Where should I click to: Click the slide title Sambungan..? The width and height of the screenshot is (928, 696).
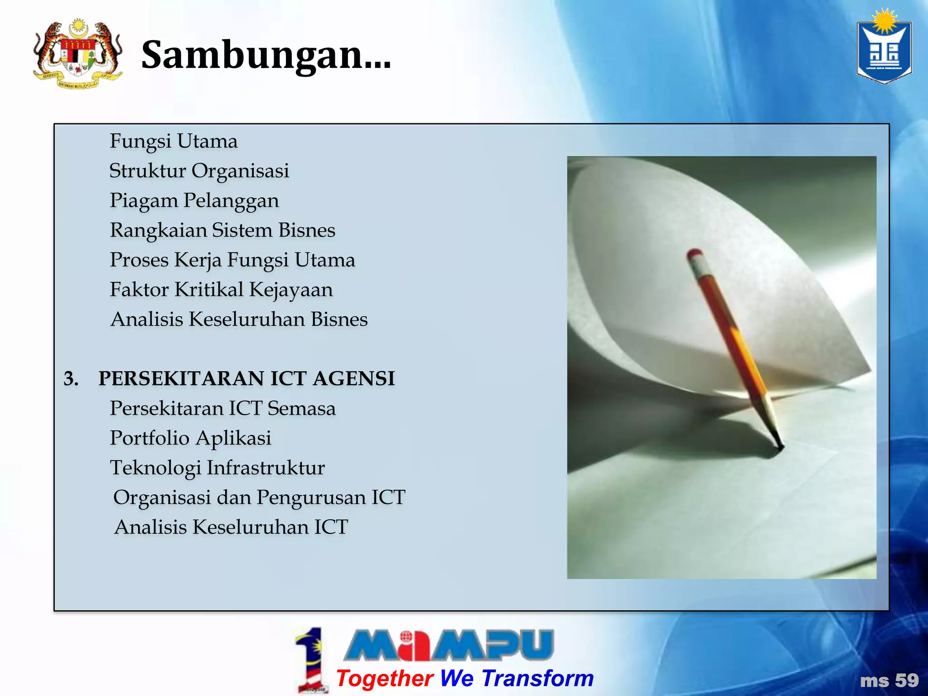(266, 55)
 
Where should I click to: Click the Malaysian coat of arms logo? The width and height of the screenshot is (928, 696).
(78, 53)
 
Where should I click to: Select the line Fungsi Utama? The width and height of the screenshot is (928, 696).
(174, 141)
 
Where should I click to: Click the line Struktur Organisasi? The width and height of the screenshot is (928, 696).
(199, 171)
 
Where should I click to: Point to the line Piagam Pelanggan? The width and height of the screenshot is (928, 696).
(194, 201)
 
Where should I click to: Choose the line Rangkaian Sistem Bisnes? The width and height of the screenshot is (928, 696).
(222, 230)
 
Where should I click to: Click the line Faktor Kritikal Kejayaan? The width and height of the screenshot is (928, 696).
(221, 290)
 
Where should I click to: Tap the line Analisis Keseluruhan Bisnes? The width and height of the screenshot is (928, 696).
(239, 319)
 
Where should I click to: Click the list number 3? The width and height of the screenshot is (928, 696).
(71, 379)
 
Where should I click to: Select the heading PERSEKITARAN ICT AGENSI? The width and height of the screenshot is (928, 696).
(246, 379)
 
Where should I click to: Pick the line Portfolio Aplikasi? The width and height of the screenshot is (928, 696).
(190, 438)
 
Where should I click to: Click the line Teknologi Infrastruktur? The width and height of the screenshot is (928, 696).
(217, 468)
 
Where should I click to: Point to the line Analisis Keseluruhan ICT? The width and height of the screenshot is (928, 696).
(231, 527)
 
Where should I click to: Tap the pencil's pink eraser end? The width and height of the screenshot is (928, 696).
(694, 255)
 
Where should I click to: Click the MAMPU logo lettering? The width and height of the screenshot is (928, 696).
(449, 644)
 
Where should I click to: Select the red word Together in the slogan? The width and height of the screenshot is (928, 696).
(385, 678)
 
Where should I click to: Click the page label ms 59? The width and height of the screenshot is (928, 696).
(889, 681)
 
